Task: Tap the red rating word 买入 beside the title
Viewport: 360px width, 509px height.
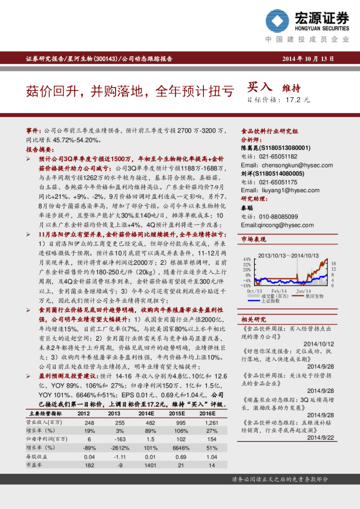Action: click(261, 88)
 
